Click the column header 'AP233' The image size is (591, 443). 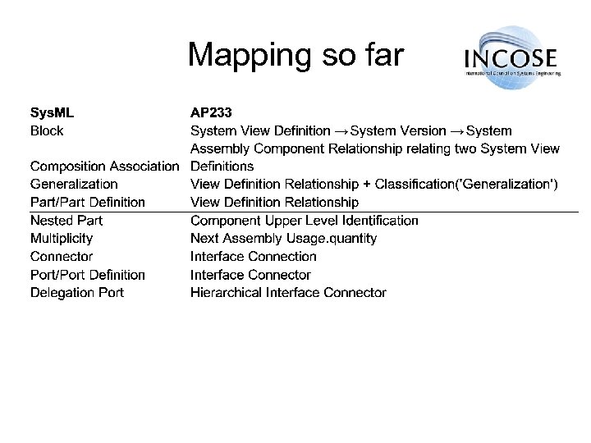click(x=211, y=112)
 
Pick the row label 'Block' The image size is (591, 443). click(x=47, y=130)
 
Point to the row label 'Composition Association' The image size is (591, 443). click(x=104, y=167)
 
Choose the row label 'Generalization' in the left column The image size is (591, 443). click(x=74, y=185)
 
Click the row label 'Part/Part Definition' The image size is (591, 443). click(x=88, y=203)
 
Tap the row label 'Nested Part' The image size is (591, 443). click(x=66, y=221)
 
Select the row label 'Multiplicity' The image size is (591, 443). click(x=62, y=239)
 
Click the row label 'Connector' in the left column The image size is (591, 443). click(x=62, y=257)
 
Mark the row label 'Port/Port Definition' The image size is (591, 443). click(x=88, y=275)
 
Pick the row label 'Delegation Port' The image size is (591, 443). click(x=77, y=293)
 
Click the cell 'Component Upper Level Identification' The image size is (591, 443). click(x=304, y=221)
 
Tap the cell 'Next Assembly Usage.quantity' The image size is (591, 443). click(x=283, y=239)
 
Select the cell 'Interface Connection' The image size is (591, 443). click(x=253, y=257)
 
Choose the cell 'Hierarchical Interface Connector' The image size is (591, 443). click(x=288, y=293)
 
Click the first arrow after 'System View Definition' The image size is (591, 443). click(x=341, y=131)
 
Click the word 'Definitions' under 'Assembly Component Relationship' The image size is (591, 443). click(x=222, y=167)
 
